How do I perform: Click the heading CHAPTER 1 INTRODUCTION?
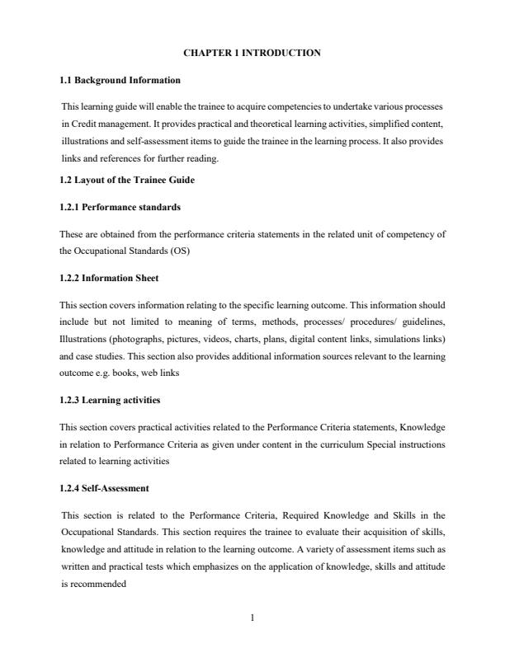click(252, 53)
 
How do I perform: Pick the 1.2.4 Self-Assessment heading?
click(104, 465)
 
